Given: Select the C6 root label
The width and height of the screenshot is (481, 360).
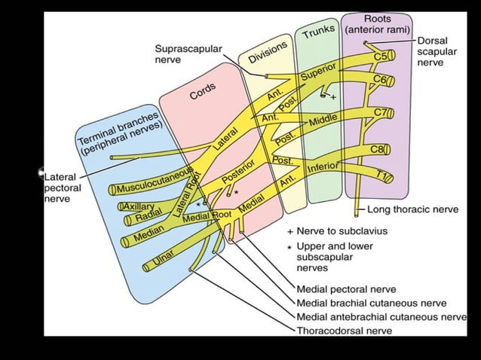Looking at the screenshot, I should (x=381, y=80).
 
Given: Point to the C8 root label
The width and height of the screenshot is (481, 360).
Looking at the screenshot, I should (x=378, y=149).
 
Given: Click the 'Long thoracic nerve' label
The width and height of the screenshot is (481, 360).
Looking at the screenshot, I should (x=412, y=209).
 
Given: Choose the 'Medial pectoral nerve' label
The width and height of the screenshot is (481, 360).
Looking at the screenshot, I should (x=346, y=288).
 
